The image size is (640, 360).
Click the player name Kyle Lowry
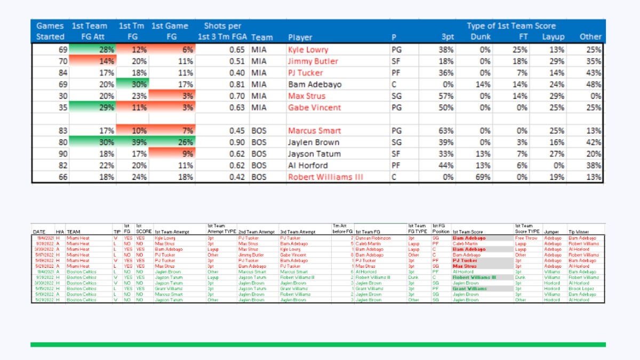[308, 50]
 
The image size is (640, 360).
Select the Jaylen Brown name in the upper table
[311, 142]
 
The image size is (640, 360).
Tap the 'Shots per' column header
[222, 26]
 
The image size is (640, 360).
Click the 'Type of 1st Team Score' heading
[511, 26]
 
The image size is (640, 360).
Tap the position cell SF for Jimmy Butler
[396, 61]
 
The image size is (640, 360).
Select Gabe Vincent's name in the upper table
[314, 108]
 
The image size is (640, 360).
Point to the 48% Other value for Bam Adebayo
[593, 84]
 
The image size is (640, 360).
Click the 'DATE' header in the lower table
[39, 232]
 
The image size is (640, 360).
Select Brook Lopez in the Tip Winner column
[579, 289]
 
